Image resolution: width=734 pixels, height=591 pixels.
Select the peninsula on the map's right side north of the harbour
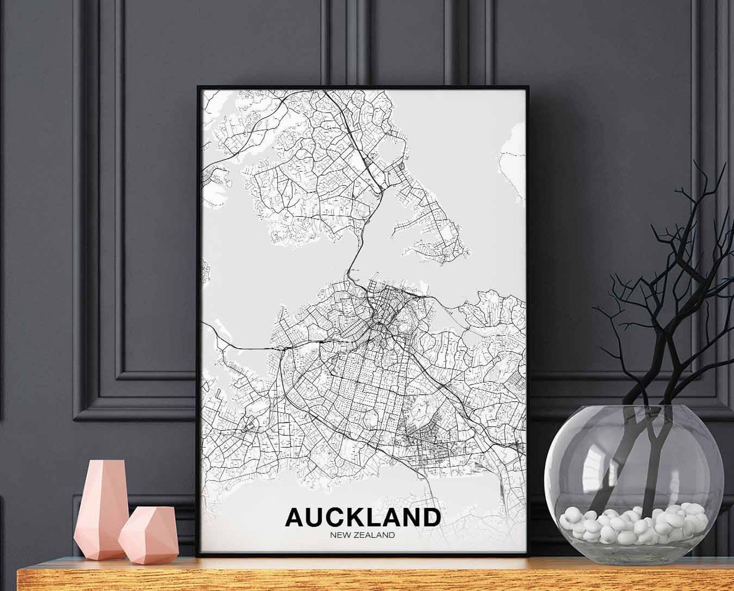coord(430,217)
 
